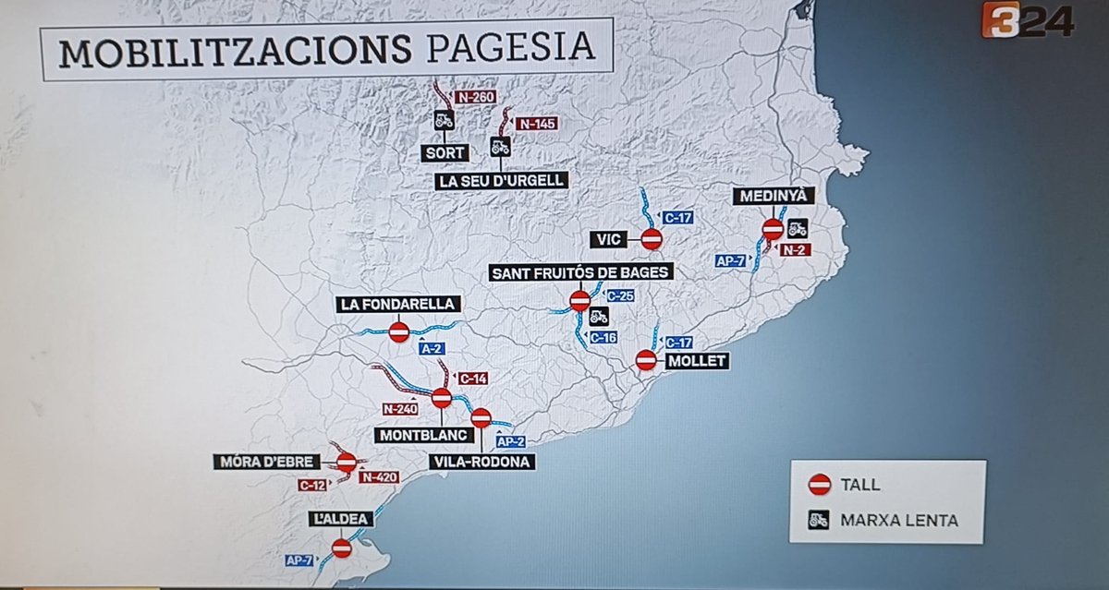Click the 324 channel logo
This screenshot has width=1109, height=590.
(x=1027, y=20)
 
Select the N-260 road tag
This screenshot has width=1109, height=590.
(x=477, y=96)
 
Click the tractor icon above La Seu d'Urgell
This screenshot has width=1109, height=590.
(x=500, y=146)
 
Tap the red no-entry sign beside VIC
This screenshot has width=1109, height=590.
(x=652, y=239)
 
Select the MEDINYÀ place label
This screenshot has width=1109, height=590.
(x=774, y=195)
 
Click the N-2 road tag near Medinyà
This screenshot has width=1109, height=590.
(x=793, y=249)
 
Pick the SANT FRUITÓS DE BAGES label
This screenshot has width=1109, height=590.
(x=582, y=272)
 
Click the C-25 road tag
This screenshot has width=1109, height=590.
(x=619, y=295)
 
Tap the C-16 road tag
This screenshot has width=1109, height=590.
(x=603, y=338)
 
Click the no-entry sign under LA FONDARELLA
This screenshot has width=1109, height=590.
(x=399, y=331)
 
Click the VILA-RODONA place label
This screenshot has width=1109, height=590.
(x=482, y=462)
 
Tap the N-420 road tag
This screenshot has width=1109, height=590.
(x=379, y=477)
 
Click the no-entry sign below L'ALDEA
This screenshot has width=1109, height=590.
(x=342, y=548)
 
